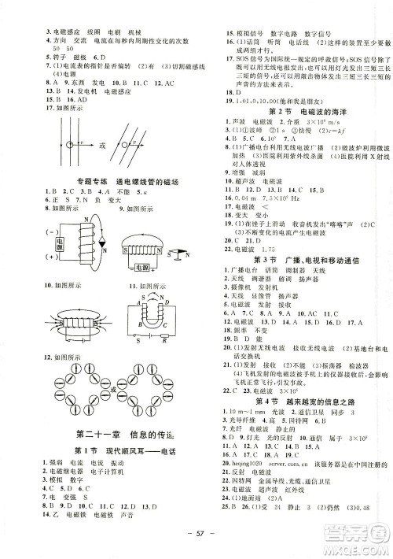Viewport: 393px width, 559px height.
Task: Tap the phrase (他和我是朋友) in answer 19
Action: point(289,101)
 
